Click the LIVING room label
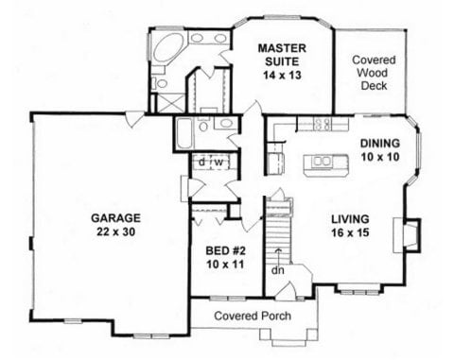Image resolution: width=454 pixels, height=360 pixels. pyautogui.click(x=349, y=221)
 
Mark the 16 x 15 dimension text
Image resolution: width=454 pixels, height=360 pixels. pyautogui.click(x=349, y=237)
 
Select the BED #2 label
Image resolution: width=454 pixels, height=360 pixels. pyautogui.click(x=225, y=252)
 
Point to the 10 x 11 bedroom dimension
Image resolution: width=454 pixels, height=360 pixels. pyautogui.click(x=225, y=267)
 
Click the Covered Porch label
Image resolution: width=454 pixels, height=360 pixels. pyautogui.click(x=251, y=316)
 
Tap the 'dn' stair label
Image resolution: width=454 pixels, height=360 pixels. pyautogui.click(x=278, y=270)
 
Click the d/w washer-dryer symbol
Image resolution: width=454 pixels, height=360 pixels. pyautogui.click(x=210, y=162)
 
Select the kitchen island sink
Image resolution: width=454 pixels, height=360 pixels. pyautogui.click(x=322, y=162)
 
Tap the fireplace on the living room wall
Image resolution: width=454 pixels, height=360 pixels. pyautogui.click(x=409, y=234)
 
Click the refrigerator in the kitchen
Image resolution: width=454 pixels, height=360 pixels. pyautogui.click(x=275, y=163)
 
